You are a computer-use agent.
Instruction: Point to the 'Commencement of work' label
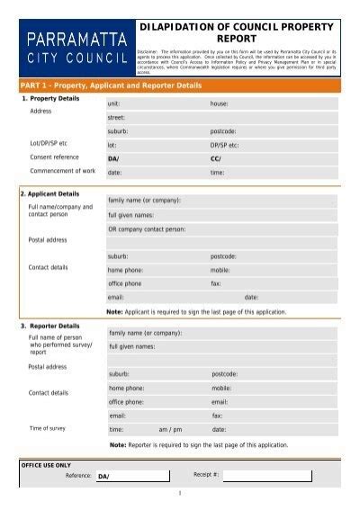(x=63, y=171)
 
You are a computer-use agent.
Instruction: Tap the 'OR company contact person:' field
(x=220, y=228)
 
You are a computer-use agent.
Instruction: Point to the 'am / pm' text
(x=170, y=430)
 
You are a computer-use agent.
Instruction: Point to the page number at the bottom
(x=180, y=493)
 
